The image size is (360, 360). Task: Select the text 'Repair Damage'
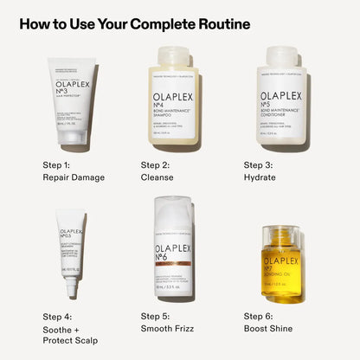[x=74, y=177]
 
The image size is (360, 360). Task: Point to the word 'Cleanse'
[x=157, y=177]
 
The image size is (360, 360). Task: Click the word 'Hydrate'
[x=260, y=177]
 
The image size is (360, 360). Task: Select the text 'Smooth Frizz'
[x=170, y=329]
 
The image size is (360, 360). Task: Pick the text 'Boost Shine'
[x=268, y=329]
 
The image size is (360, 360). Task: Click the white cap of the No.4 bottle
[x=177, y=56]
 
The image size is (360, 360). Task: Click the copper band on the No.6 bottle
[x=173, y=262]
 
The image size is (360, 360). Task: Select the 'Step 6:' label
[x=260, y=316]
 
